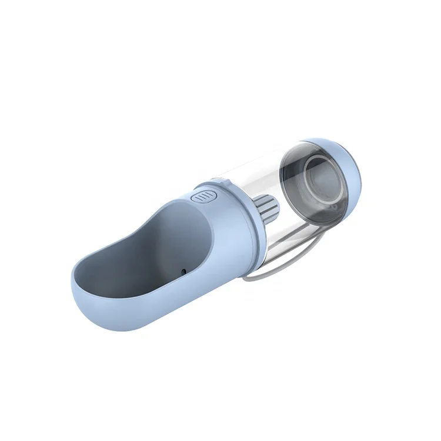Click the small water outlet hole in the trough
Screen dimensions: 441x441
(x=183, y=270)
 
